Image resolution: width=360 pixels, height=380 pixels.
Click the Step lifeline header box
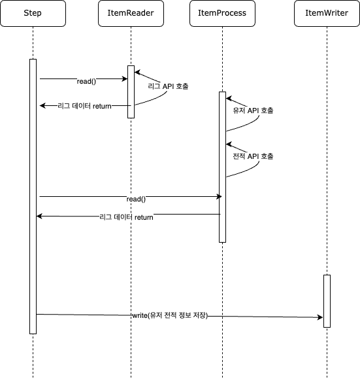click(33, 13)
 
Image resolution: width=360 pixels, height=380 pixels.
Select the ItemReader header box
click(131, 13)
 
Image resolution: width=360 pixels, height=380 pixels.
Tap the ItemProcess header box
click(222, 13)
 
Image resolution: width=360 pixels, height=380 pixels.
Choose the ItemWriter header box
click(327, 13)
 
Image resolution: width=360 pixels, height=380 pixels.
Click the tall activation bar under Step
click(33, 196)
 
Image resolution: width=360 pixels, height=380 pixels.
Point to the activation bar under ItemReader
click(131, 92)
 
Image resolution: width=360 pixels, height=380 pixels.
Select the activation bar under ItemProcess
click(223, 167)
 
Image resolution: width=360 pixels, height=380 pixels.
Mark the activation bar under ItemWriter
click(327, 301)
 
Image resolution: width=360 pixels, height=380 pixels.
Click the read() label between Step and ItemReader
click(86, 81)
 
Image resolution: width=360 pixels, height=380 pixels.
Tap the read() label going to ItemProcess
click(136, 199)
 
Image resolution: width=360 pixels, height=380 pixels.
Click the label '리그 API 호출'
click(168, 86)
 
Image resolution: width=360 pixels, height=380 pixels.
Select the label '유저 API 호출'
click(253, 111)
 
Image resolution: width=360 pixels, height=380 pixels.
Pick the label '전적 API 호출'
click(253, 156)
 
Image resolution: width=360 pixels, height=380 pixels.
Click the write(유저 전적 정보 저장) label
click(170, 315)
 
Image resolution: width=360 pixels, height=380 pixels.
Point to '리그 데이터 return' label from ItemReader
click(84, 106)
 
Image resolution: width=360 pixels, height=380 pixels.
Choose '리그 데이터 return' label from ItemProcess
click(126, 217)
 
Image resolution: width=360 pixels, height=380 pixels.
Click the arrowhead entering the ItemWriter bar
click(320, 317)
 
